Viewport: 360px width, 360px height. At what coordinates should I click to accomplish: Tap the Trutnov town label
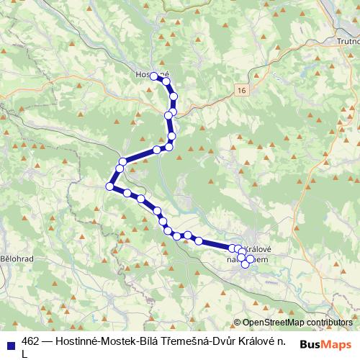point(346,41)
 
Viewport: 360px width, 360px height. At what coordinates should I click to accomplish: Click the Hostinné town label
point(152,73)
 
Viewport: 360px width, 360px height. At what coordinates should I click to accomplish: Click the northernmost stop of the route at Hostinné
point(154,76)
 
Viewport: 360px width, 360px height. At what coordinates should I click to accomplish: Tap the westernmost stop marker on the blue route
point(110,186)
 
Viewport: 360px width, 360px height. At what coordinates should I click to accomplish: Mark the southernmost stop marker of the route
point(245,264)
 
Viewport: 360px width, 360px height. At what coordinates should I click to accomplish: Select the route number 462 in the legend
point(31,341)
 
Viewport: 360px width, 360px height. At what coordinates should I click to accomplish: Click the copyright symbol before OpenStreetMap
point(237,322)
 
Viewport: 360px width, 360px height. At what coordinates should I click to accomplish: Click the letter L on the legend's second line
point(25,354)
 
